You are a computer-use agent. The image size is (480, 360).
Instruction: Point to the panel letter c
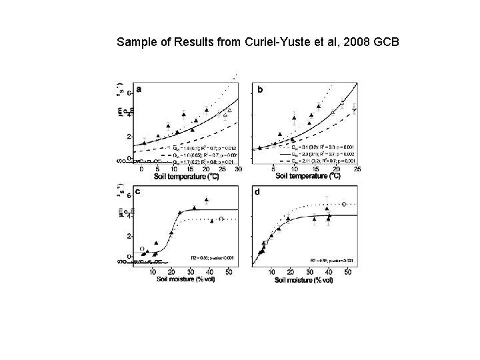(137, 191)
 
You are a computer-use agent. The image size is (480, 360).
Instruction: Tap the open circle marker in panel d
(344, 205)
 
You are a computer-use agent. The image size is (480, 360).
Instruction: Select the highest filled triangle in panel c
(207, 199)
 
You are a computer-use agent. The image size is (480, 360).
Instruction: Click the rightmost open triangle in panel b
(355, 109)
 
